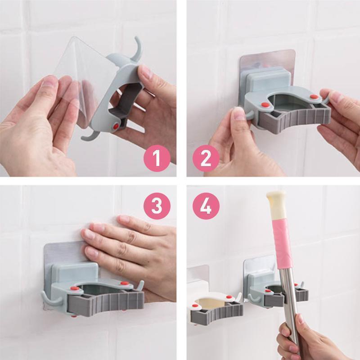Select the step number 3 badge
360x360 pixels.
(157, 206)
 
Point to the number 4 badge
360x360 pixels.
(206, 206)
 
